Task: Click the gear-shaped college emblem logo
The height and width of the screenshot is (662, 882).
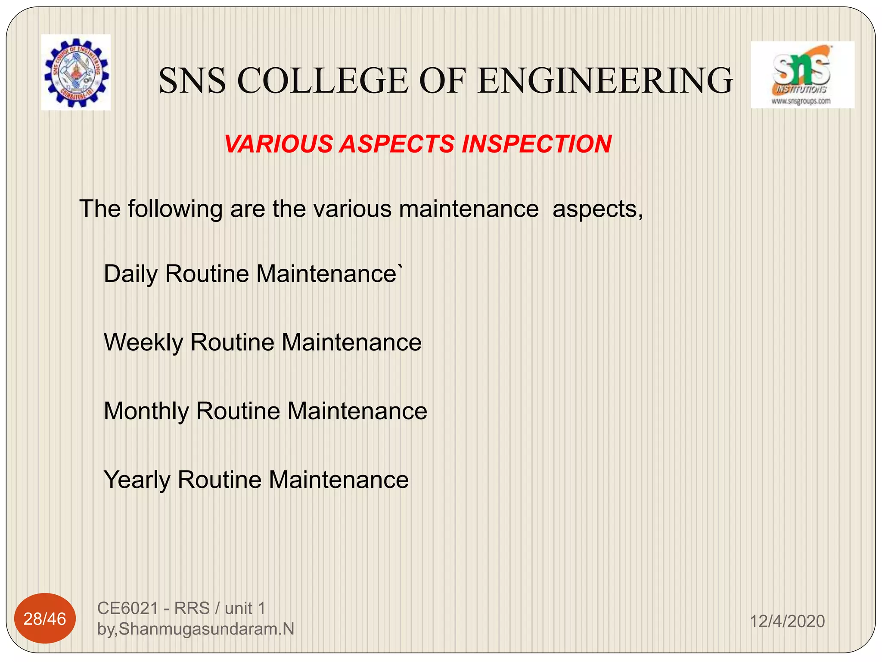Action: click(x=76, y=72)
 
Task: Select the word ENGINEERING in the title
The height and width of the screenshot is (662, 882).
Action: click(x=605, y=81)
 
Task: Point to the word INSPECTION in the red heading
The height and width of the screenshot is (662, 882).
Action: click(x=536, y=144)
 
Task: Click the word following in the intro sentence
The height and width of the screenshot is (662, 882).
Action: click(x=175, y=209)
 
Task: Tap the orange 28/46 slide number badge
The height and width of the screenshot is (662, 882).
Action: click(x=45, y=619)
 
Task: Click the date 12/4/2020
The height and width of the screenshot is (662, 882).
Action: click(x=787, y=621)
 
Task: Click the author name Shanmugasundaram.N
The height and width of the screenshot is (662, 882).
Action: click(x=206, y=629)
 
